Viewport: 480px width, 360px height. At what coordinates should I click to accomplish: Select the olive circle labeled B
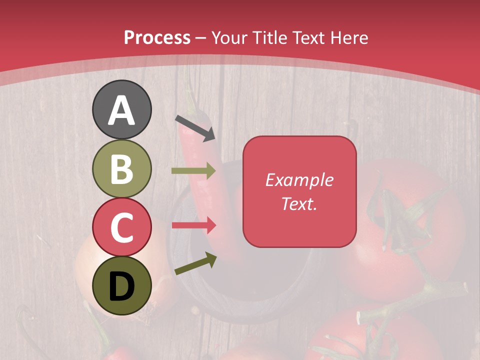tap(121, 169)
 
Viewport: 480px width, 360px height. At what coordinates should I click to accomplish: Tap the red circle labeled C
tap(121, 227)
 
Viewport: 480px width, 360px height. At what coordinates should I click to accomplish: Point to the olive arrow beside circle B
tap(193, 171)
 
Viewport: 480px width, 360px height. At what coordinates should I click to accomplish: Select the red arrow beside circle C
tap(193, 225)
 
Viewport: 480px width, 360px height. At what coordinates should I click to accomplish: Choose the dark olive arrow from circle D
tap(195, 263)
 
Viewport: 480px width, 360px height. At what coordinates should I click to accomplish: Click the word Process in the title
tap(157, 38)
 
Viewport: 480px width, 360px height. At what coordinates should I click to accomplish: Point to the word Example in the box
tap(299, 180)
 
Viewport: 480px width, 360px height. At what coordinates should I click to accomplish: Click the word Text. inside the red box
tap(299, 203)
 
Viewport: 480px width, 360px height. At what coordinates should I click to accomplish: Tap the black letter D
tap(121, 286)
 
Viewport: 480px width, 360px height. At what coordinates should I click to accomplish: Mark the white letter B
tap(121, 169)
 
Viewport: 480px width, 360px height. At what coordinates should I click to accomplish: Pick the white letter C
tap(121, 227)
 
